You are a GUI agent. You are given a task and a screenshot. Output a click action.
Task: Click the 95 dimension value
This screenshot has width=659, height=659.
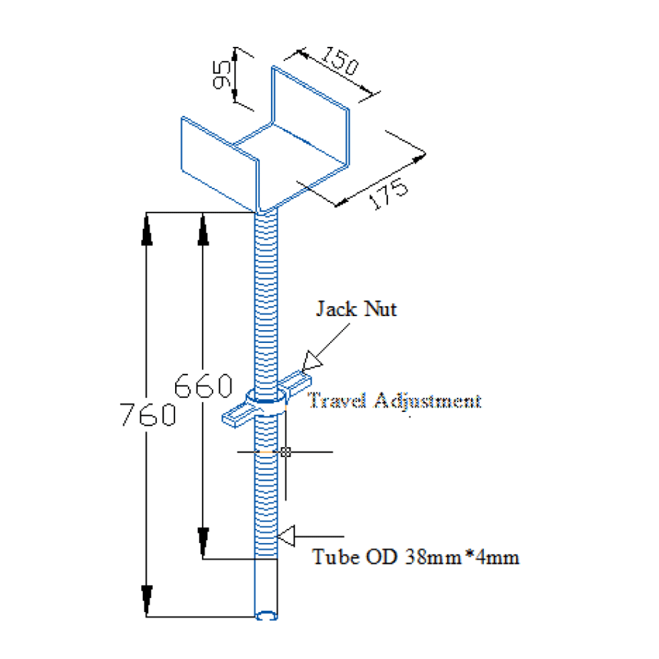pos(223,75)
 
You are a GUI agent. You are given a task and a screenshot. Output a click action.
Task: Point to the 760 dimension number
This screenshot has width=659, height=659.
pos(148,415)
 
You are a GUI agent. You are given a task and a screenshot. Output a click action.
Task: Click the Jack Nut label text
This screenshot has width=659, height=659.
pos(356,309)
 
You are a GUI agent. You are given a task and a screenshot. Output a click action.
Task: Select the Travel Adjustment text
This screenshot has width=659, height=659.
pos(394,401)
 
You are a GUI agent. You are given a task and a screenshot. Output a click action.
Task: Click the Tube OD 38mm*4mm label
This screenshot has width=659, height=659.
pos(415,557)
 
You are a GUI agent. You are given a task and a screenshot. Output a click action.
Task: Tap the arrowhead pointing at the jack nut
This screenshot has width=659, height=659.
pos(311,360)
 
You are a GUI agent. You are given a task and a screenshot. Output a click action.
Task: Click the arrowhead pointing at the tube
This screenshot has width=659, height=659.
pos(286,535)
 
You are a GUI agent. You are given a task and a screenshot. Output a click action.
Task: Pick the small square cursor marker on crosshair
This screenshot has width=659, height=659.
pos(286,452)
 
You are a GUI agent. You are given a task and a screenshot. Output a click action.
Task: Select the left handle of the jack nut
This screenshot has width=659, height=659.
pos(236,416)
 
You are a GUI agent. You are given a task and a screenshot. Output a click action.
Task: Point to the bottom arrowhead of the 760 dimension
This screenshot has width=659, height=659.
pos(147,600)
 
